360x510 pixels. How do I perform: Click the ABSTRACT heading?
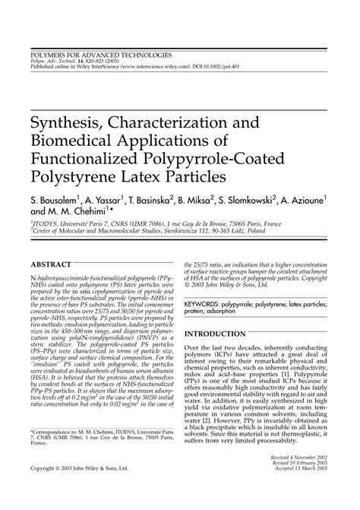click(54, 264)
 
